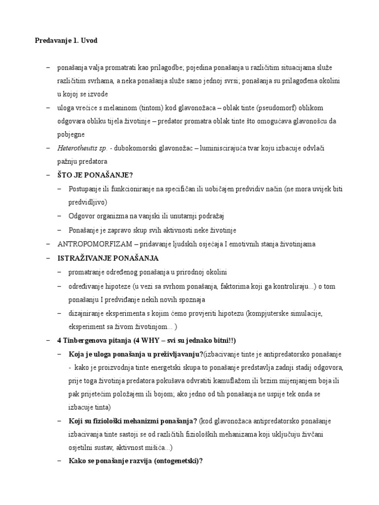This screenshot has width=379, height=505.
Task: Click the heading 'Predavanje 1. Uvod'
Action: [x=66, y=41]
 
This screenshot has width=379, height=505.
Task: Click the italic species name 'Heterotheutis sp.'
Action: [x=81, y=148]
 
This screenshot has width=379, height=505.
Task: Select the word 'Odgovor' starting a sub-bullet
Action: [x=82, y=216]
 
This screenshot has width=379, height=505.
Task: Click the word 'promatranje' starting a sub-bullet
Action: [x=87, y=272]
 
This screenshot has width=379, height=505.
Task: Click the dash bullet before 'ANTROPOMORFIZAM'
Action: [x=48, y=244]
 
